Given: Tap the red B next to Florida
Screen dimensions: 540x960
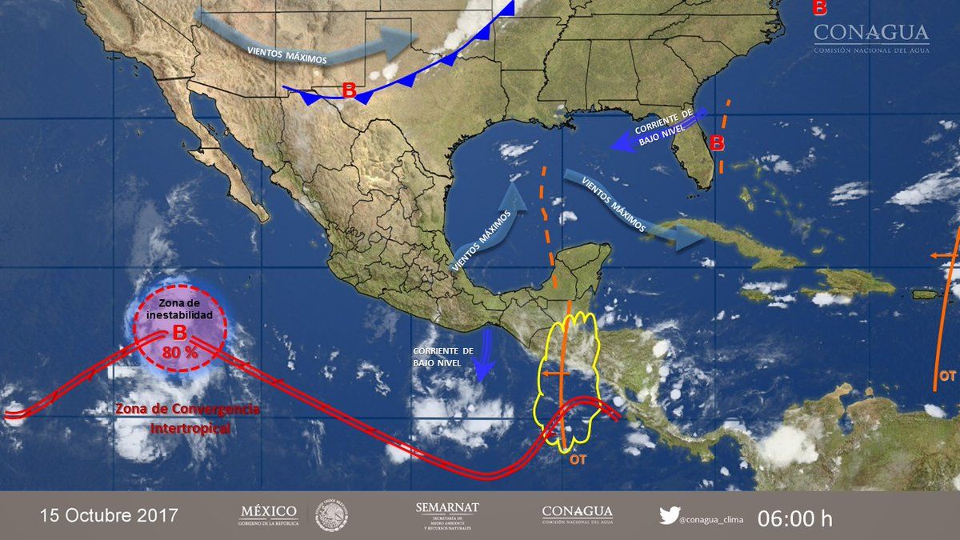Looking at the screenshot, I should [718, 144].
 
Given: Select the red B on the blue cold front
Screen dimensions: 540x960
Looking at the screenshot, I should [349, 90].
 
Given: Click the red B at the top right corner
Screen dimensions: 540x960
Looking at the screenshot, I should [819, 9].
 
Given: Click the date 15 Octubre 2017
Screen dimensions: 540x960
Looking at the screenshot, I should [110, 514].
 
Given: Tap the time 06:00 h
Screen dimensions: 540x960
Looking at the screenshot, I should [795, 518].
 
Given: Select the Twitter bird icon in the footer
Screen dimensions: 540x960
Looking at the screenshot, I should [669, 516].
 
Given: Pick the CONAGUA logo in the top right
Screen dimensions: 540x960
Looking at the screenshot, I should [871, 38].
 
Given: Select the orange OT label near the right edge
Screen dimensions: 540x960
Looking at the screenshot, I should [947, 374].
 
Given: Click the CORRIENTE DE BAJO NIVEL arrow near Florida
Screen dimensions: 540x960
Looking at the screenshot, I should [656, 132].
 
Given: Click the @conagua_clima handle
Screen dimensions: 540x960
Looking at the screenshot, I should [712, 519].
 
